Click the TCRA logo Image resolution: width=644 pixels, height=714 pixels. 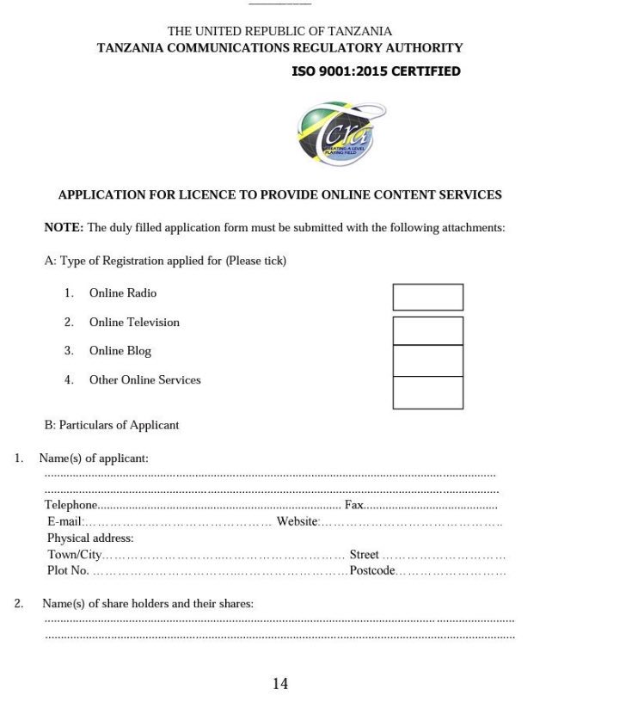(x=340, y=134)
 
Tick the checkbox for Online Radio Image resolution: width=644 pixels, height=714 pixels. (x=427, y=297)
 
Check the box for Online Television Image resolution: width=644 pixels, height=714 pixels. (x=427, y=330)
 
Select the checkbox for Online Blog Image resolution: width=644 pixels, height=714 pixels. (x=427, y=360)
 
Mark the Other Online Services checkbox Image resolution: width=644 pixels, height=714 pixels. (x=427, y=392)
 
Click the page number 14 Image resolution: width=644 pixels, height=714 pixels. (x=280, y=684)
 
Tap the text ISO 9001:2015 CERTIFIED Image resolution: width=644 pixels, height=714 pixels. (x=376, y=71)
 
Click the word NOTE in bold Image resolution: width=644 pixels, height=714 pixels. (x=64, y=228)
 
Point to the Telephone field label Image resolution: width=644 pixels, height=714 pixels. (x=71, y=505)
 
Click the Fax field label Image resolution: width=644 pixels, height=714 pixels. (x=353, y=505)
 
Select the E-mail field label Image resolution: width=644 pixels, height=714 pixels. (x=64, y=521)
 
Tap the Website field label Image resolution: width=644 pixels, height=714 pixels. (x=297, y=521)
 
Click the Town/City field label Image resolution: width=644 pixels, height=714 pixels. (x=74, y=555)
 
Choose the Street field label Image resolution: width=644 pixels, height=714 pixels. (x=364, y=555)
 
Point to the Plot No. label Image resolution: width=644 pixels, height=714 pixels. (x=68, y=570)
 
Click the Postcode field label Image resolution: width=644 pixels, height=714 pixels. (x=372, y=570)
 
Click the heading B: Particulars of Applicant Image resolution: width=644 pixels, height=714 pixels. (x=112, y=425)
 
